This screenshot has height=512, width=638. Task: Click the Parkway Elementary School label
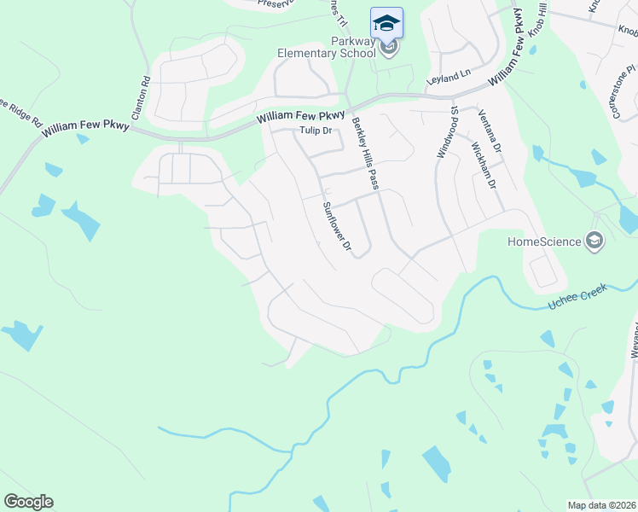coord(327,47)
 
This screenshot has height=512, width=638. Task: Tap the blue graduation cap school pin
coord(386,22)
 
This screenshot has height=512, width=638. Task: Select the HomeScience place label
coord(543,241)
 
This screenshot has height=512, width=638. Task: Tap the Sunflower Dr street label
coord(337,226)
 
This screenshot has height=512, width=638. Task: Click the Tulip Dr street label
coord(315,131)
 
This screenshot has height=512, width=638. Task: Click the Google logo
coord(28,502)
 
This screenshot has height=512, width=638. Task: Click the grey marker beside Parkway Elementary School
coord(390,47)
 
